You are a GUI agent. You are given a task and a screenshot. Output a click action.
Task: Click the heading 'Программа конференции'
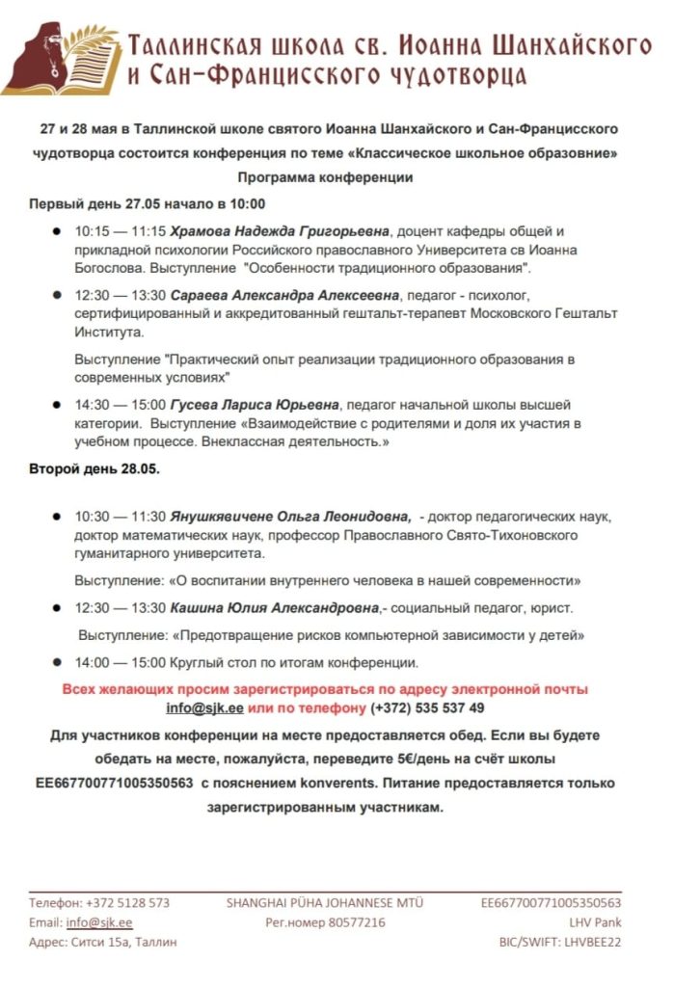coord(325,178)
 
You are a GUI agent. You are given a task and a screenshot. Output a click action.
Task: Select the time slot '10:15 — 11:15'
coord(121,231)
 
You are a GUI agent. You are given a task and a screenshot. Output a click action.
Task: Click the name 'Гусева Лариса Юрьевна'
coord(255,405)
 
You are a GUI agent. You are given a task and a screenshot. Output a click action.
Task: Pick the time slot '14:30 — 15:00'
coord(121,405)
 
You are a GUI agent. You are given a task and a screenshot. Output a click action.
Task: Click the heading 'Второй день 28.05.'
coord(94,469)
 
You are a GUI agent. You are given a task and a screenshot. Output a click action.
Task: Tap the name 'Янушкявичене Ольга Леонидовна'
coord(290,516)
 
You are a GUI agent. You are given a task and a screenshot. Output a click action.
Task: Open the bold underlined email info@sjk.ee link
coord(205,707)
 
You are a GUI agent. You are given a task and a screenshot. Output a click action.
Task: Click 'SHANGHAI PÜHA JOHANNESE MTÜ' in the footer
coord(325,903)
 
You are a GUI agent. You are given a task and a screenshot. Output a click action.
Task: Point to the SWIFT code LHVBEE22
coord(591,942)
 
